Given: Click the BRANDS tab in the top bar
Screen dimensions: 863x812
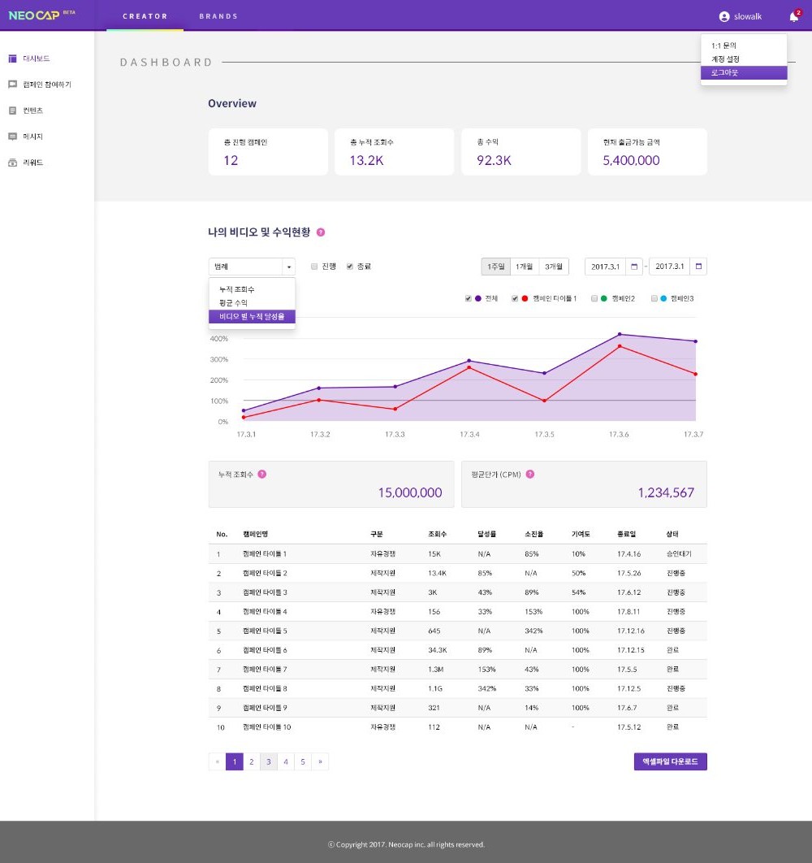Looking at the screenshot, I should [x=218, y=16].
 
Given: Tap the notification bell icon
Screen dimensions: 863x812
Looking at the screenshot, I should [x=793, y=17].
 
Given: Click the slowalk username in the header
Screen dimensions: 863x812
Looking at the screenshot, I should [x=747, y=17].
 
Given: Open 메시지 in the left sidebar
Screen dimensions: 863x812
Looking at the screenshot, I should [x=32, y=137].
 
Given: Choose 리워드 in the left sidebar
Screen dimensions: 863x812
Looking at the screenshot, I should [x=32, y=163].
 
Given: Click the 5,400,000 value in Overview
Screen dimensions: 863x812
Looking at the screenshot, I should [x=631, y=161].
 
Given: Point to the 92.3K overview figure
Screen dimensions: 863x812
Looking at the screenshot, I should [x=494, y=161].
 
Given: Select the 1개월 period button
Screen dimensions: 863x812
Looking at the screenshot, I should [x=524, y=267].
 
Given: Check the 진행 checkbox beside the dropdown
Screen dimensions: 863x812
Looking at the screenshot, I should [x=314, y=267].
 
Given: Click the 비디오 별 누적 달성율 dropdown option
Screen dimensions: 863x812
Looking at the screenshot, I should [x=252, y=316].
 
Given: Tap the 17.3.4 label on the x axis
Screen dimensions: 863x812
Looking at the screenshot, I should [x=469, y=435].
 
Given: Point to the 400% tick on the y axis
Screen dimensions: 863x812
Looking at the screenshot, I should [x=218, y=339].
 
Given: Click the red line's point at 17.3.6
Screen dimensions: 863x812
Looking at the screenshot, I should [x=620, y=346].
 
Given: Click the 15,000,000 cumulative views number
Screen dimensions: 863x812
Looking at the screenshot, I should [x=409, y=492].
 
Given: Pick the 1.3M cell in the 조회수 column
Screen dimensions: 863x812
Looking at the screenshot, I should [x=437, y=669].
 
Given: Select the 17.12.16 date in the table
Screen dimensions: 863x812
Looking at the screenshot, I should [x=630, y=631].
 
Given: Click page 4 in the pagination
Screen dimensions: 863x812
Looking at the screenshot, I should [x=285, y=761].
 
